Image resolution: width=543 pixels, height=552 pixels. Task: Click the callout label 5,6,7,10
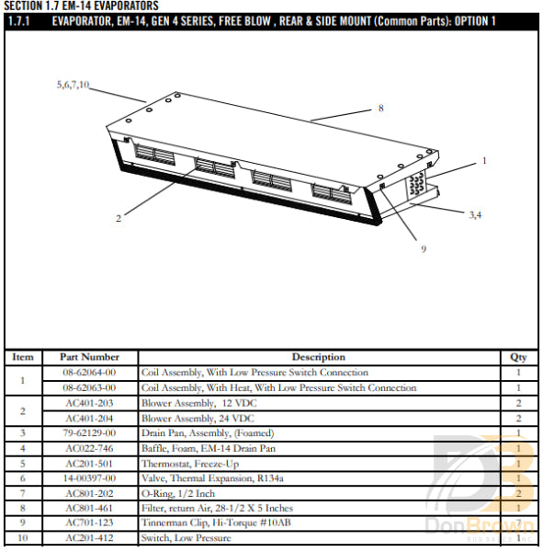[73, 85]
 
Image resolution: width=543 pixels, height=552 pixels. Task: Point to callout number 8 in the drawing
[380, 109]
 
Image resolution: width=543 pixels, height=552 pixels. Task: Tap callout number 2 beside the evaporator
[119, 218]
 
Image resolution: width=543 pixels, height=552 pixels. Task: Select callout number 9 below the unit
[424, 248]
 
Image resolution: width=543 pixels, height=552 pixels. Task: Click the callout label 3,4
[475, 214]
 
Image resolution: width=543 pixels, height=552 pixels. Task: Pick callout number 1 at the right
[484, 160]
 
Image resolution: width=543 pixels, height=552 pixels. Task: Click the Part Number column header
[89, 357]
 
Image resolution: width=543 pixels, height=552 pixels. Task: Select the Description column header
[318, 357]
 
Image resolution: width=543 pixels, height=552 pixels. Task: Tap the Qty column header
[519, 357]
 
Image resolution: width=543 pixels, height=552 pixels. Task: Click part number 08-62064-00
[89, 373]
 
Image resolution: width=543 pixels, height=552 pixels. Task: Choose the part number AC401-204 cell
[89, 418]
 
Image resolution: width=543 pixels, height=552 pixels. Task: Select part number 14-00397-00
[89, 478]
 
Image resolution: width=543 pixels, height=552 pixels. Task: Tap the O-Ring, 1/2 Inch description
[177, 493]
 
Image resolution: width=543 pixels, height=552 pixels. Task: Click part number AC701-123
[89, 523]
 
